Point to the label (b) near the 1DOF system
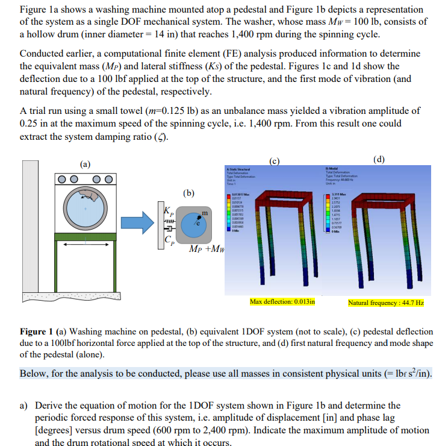click(189, 193)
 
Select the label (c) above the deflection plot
click(275, 160)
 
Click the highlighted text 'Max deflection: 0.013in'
click(282, 301)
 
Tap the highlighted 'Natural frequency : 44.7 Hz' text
click(385, 302)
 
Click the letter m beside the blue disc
click(205, 213)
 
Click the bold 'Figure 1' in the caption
click(37, 332)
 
